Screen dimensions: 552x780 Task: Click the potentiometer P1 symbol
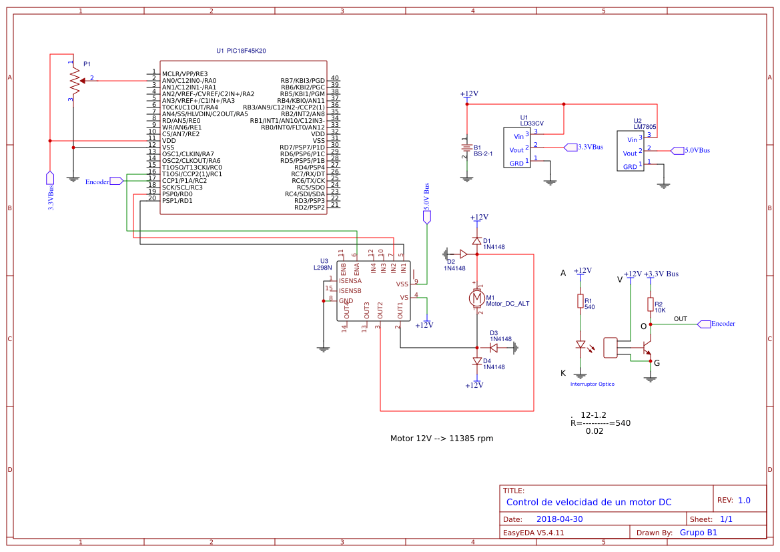point(73,80)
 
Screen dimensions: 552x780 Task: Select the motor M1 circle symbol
point(476,296)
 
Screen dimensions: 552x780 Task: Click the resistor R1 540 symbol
point(580,302)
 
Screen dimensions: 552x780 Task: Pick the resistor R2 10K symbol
point(650,304)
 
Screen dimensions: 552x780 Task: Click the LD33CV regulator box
point(517,148)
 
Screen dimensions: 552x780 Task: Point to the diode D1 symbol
point(476,241)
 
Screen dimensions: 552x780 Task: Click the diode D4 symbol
point(476,361)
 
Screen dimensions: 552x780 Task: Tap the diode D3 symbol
point(494,348)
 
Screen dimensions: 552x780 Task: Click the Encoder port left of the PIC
point(116,181)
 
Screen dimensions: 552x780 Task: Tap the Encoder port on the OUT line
point(703,324)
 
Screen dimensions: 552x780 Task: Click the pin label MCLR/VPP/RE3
point(184,73)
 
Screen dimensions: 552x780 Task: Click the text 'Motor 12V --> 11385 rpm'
point(441,439)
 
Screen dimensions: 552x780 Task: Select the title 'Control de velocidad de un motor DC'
point(589,502)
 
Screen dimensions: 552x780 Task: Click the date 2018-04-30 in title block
point(560,519)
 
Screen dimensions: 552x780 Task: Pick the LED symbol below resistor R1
point(580,345)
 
